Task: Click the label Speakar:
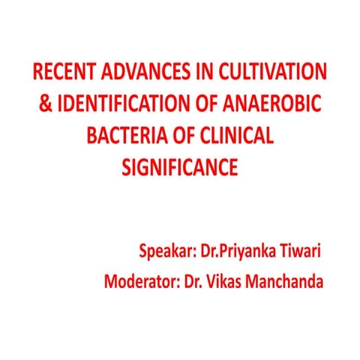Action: (x=165, y=250)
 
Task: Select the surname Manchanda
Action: (x=288, y=283)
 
